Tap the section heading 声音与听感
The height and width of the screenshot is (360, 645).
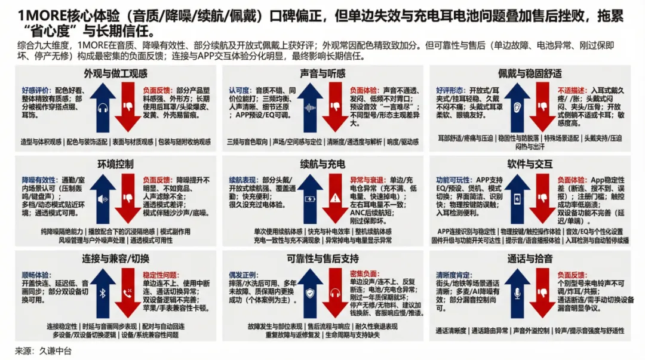(322, 73)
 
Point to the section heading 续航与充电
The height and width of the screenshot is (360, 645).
(322, 164)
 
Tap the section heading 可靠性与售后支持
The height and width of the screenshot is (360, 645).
(322, 259)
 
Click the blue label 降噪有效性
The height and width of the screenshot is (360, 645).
(39, 179)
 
